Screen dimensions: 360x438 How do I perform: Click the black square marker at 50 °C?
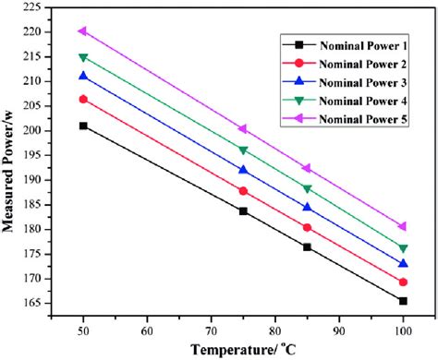point(83,126)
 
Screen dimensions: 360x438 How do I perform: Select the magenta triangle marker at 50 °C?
point(83,30)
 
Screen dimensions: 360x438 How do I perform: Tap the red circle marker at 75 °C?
point(243,191)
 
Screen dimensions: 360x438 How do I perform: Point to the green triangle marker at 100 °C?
point(403,247)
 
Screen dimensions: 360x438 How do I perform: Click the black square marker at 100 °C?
point(403,301)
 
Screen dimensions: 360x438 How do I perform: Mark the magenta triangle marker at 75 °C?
point(243,128)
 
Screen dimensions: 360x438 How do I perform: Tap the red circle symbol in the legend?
point(296,62)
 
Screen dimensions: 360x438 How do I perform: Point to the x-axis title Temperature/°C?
point(243,349)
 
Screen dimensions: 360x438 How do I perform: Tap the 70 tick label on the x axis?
point(211,328)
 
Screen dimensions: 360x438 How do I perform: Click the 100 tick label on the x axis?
point(403,328)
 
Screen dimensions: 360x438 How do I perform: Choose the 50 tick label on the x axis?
point(83,328)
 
